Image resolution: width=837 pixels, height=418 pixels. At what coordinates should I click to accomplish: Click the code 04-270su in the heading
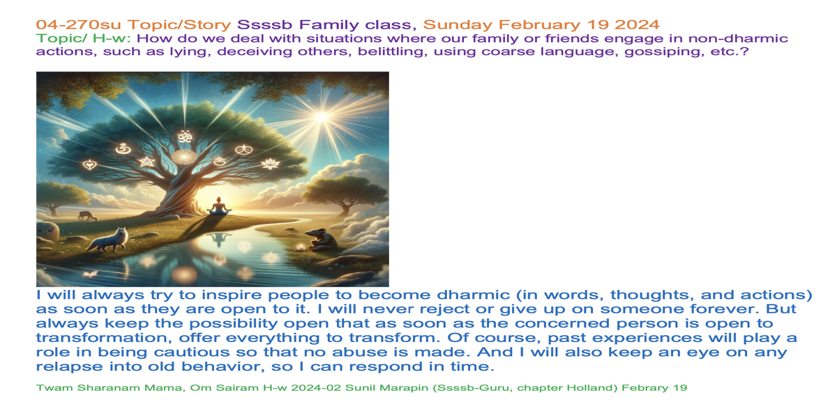[78, 24]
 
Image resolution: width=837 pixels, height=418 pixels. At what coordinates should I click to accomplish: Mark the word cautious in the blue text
[192, 353]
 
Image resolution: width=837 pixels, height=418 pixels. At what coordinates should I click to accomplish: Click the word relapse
[70, 367]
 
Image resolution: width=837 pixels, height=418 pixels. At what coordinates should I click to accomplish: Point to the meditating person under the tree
[219, 206]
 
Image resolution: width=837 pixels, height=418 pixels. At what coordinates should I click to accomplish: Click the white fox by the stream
[108, 240]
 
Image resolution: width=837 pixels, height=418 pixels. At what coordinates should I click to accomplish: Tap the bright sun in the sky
[322, 117]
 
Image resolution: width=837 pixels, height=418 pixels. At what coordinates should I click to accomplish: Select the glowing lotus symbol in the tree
[270, 164]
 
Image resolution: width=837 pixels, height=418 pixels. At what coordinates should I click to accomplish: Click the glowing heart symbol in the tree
[90, 164]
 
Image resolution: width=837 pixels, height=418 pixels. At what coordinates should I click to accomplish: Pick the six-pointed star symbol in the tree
[147, 162]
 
